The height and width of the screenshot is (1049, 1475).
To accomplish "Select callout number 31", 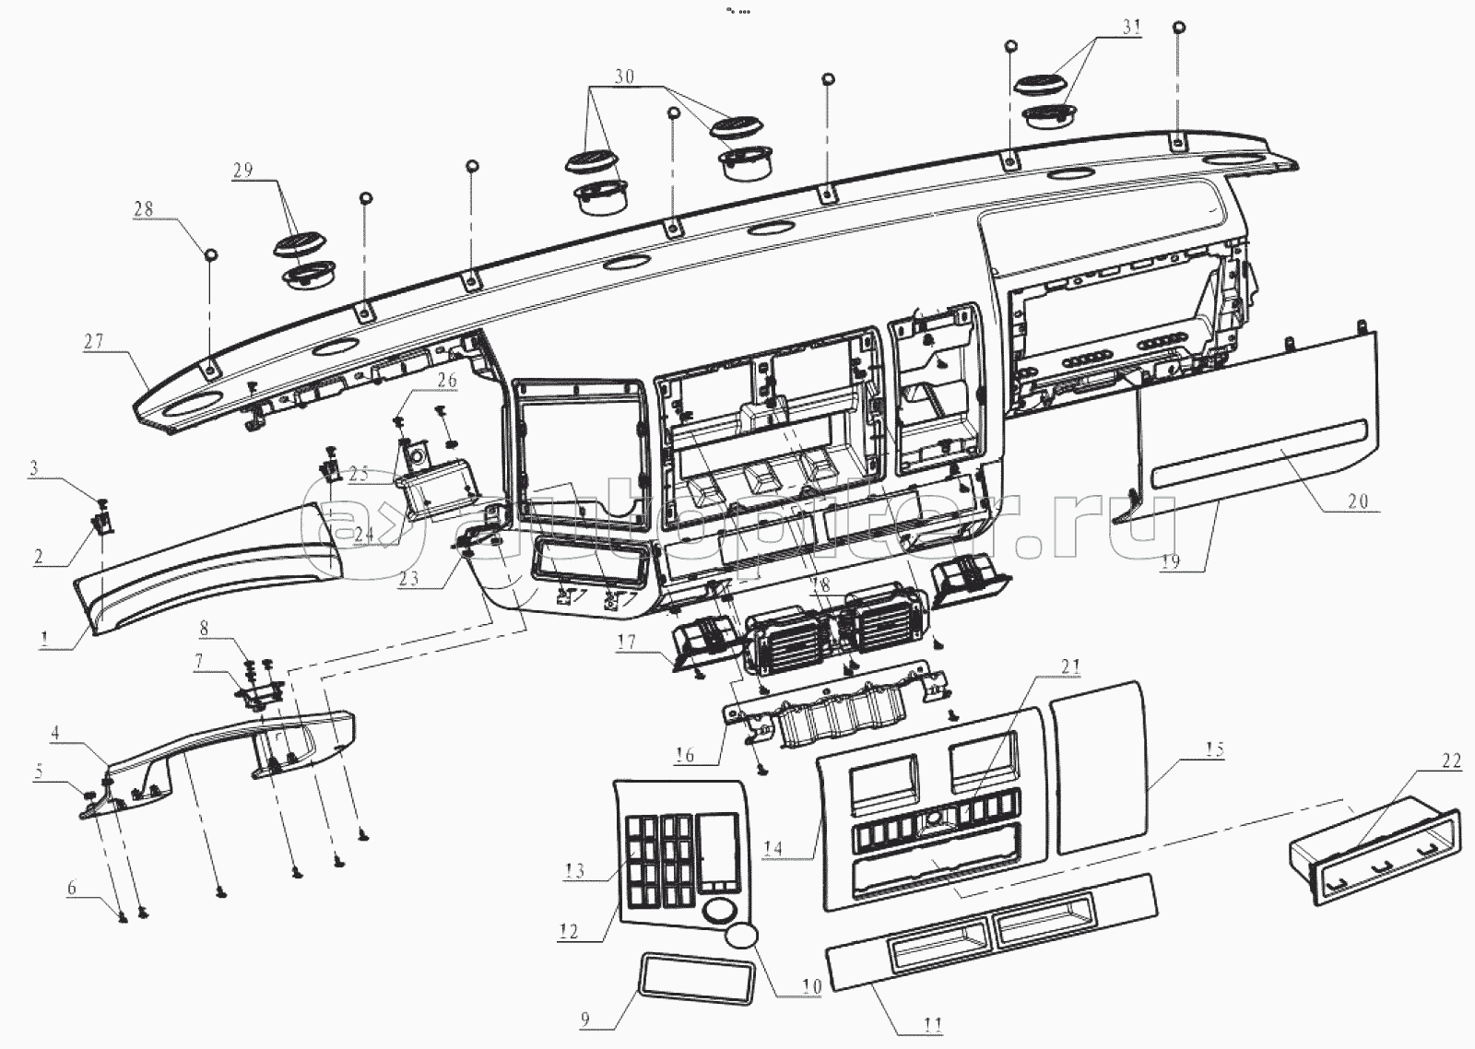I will coord(1131,28).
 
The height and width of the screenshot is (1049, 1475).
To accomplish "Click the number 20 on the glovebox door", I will coord(1358,503).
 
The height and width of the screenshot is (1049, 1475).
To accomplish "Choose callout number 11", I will coord(933,1024).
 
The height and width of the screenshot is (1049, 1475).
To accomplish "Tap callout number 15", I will coord(1216,749).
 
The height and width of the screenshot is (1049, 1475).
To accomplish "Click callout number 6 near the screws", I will coord(71,890).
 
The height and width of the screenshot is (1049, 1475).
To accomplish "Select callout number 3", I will coord(34,468).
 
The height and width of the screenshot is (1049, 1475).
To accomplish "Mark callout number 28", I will coord(144,209).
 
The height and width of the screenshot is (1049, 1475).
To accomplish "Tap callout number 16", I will coord(684,757).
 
